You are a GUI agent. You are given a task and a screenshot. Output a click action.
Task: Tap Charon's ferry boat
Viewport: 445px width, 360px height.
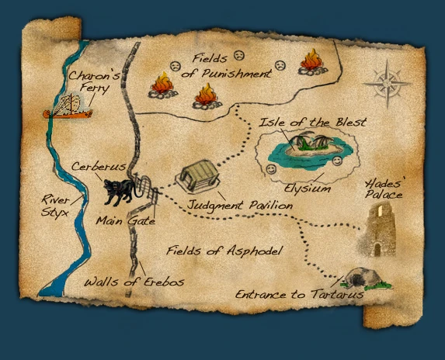click(x=68, y=107)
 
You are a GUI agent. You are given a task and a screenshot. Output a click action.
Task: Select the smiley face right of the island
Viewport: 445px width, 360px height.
click(x=337, y=161)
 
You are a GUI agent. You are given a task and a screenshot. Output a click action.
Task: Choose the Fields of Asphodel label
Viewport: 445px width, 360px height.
click(x=223, y=251)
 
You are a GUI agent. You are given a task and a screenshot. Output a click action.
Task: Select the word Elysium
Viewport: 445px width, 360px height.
click(x=308, y=188)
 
